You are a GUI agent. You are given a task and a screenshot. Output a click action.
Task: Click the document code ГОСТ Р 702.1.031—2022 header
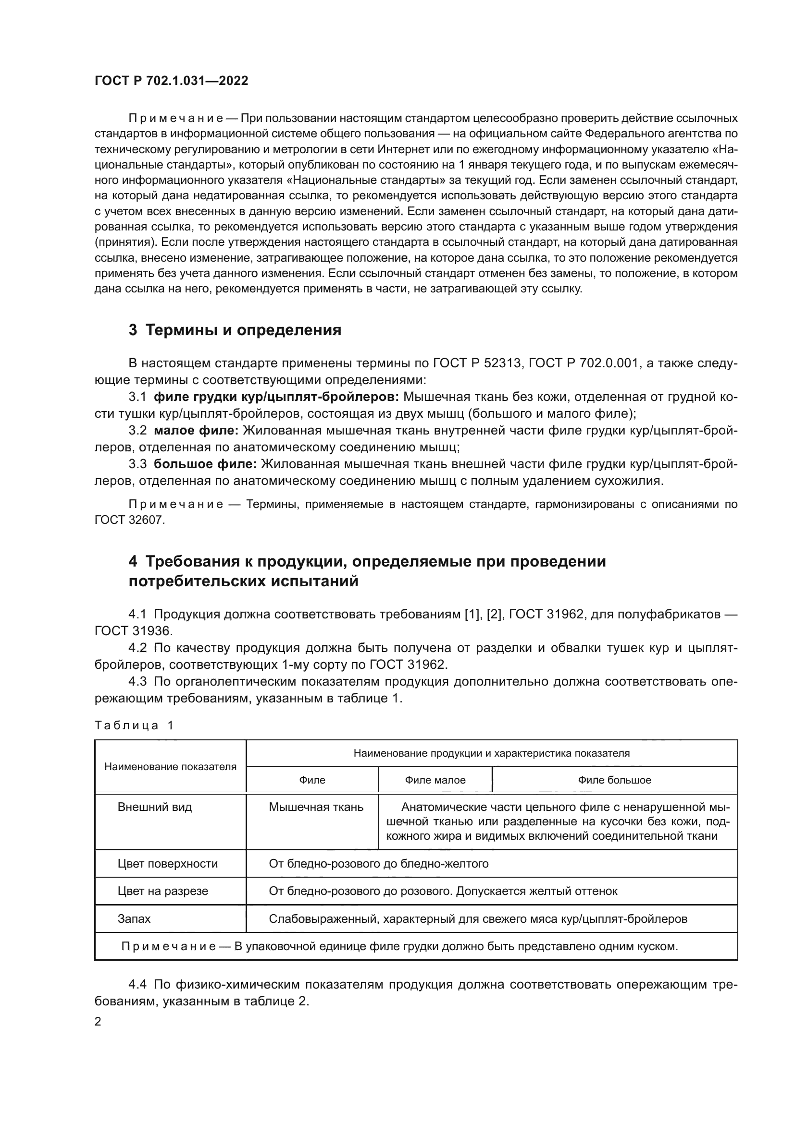171,81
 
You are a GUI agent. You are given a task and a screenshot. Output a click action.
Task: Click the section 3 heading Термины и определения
235,330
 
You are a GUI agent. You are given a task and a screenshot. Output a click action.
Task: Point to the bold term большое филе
205,464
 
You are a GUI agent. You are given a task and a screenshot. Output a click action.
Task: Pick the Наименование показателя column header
170,766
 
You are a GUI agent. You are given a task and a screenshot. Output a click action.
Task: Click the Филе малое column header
435,780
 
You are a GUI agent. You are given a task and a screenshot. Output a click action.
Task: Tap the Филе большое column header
614,780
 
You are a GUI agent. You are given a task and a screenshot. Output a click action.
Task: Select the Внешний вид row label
155,807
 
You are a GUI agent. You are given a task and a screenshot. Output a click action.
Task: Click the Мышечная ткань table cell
316,807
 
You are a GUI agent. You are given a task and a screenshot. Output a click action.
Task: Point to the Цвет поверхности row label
167,864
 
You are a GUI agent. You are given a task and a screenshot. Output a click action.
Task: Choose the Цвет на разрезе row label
162,891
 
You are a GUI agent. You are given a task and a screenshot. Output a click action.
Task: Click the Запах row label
134,918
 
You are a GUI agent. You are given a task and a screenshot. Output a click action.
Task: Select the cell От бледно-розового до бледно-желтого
378,864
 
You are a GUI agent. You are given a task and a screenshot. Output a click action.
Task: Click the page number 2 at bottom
98,1022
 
